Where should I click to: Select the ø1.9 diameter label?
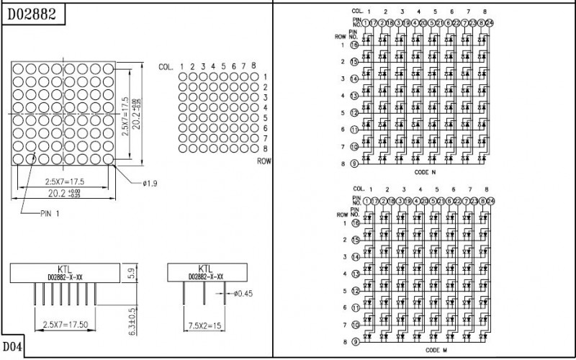point(150,184)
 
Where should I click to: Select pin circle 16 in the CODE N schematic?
point(354,45)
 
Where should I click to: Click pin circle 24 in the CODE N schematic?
point(490,22)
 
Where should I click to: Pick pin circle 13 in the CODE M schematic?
point(354,274)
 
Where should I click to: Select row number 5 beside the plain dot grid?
point(266,117)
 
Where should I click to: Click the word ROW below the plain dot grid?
point(263,162)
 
